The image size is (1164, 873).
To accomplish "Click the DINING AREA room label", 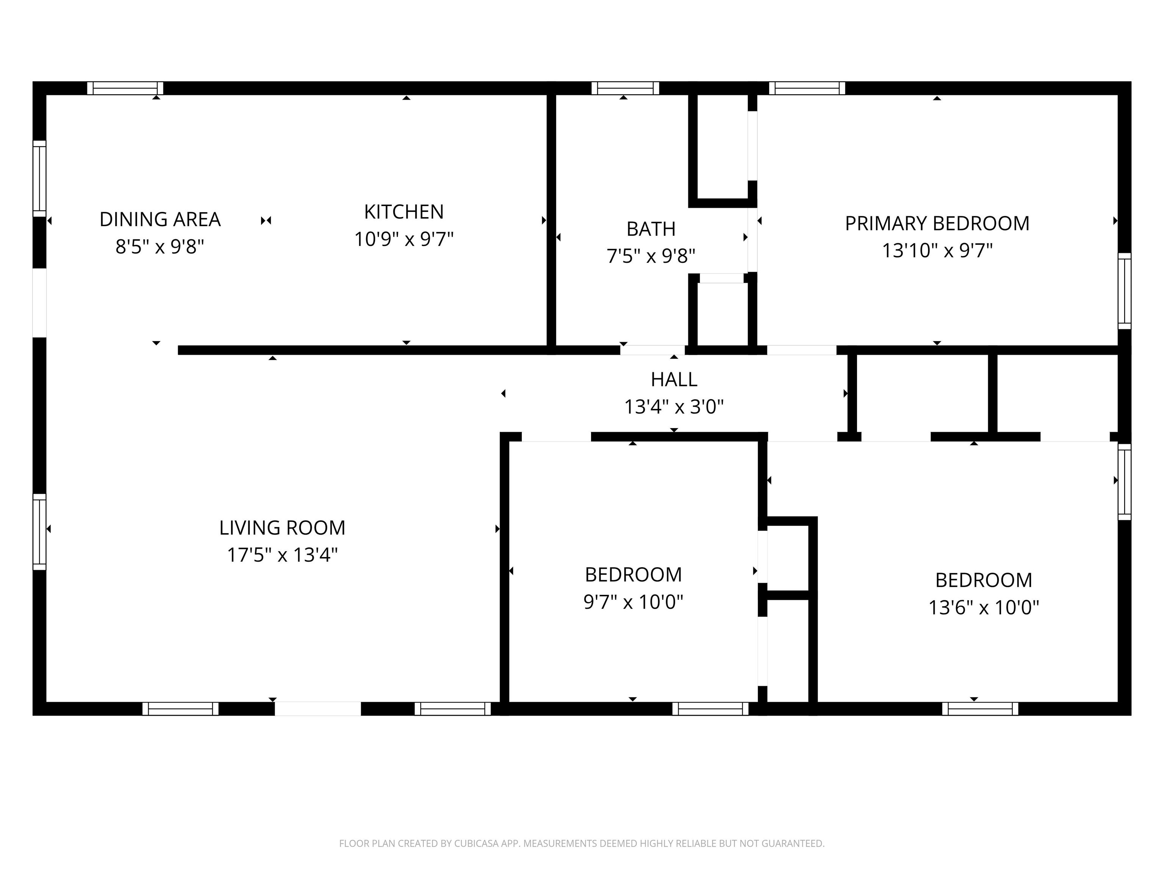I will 160,219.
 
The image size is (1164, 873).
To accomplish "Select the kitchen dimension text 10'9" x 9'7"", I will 404,239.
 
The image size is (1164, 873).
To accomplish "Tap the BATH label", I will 651,229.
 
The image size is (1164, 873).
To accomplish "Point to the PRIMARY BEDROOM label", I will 937,224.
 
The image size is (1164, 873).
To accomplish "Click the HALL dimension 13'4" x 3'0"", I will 674,407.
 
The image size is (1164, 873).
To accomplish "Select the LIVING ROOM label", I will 282,528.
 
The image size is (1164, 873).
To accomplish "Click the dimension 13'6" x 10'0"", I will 984,608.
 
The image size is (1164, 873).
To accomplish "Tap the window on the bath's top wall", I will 625,88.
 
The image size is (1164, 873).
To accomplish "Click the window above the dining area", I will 125,88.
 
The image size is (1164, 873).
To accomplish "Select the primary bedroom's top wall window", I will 807,88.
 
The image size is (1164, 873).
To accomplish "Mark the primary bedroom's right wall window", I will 1124,291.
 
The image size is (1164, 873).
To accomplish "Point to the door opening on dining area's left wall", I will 39,303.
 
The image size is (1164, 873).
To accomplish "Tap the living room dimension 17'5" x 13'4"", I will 282,555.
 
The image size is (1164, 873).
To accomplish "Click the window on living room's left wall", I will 39,532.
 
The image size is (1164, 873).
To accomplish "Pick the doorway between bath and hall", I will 652,350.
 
